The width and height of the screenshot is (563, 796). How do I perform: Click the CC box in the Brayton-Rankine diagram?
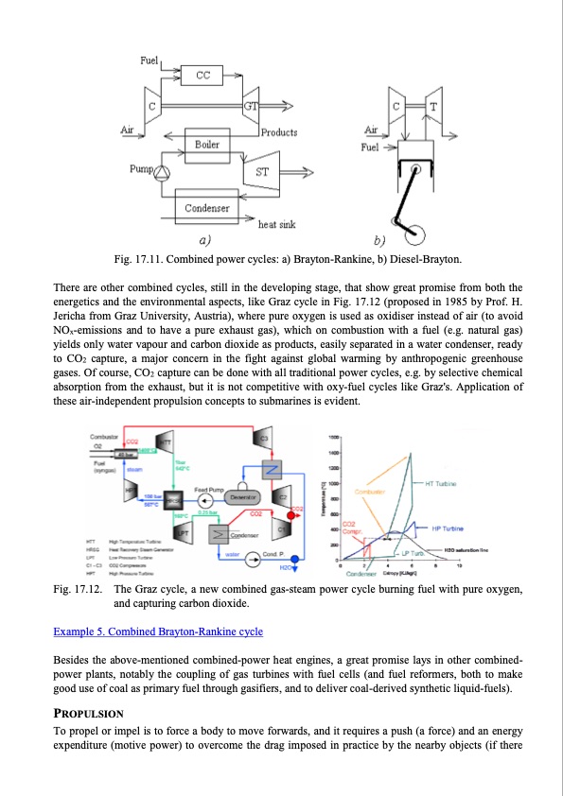tap(202, 75)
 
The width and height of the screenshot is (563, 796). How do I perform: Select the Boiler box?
tap(207, 145)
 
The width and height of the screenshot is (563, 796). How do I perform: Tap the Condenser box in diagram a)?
tap(206, 207)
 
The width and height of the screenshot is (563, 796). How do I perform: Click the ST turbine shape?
tap(262, 172)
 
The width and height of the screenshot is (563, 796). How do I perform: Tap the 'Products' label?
tap(279, 132)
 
